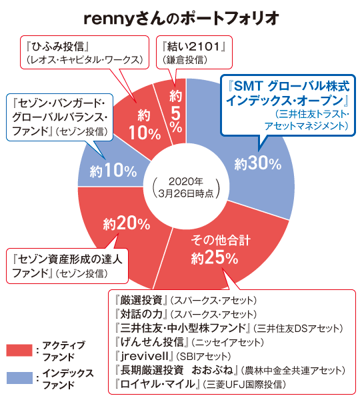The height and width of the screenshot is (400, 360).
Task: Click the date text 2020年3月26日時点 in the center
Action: [x=186, y=187]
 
